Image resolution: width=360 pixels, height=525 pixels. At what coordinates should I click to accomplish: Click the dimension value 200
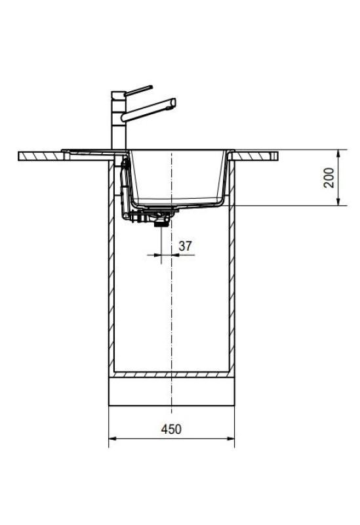[329, 177]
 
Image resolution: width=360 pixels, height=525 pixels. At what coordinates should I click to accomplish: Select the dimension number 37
[186, 246]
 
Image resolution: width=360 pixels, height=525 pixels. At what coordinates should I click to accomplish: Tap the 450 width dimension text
[171, 429]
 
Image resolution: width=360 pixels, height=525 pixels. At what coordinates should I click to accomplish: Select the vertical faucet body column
[119, 121]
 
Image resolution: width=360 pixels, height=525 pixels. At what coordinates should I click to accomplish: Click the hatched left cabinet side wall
[111, 276]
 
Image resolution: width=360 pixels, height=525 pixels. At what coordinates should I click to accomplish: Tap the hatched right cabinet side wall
[231, 276]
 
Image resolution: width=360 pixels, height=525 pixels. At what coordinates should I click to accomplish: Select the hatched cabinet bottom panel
[171, 374]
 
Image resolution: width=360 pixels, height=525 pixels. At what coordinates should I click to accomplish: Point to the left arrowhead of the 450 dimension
[111, 439]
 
